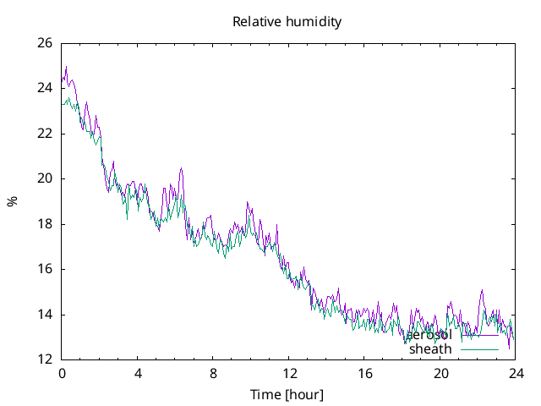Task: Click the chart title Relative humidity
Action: [x=287, y=22]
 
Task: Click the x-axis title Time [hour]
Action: [x=287, y=395]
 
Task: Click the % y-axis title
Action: [x=12, y=201]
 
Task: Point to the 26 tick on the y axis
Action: [x=45, y=43]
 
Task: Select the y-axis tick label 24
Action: [x=45, y=88]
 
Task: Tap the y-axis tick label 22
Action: [x=45, y=134]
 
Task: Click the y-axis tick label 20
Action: [x=45, y=178]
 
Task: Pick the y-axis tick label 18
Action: [x=45, y=224]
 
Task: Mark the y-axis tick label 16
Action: [x=45, y=269]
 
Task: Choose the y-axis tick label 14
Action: [x=45, y=315]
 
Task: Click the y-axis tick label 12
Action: [x=45, y=359]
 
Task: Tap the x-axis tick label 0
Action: [x=62, y=373]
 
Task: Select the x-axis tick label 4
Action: [x=137, y=373]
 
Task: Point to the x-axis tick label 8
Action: [x=213, y=373]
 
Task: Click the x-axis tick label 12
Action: [x=288, y=373]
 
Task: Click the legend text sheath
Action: [x=430, y=349]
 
